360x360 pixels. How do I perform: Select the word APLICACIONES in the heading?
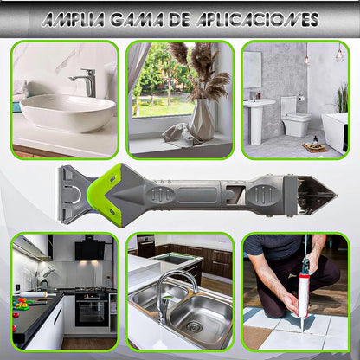click(258, 20)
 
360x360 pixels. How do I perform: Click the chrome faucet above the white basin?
click(85, 82)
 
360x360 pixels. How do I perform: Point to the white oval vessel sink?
click(68, 112)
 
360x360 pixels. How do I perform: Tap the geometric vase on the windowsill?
click(202, 119)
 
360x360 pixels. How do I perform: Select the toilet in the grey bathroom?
click(295, 117)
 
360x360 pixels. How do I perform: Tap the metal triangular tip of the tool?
click(317, 196)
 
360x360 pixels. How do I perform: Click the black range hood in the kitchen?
click(90, 248)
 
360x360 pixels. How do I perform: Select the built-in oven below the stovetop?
click(92, 310)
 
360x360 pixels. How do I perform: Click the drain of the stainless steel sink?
click(194, 327)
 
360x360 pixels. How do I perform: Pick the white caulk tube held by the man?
click(304, 297)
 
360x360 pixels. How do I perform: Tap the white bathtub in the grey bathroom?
click(335, 132)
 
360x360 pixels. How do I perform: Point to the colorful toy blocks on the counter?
click(21, 304)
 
